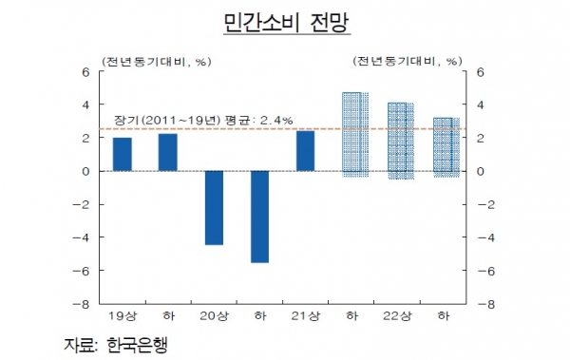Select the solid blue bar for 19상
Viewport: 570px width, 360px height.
[123, 154]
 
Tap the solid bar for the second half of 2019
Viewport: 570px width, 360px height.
[168, 152]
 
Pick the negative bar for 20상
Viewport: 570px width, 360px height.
[214, 207]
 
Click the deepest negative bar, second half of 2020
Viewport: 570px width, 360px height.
[260, 217]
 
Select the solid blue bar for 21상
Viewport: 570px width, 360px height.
[306, 151]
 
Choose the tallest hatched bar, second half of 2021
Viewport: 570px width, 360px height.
[355, 134]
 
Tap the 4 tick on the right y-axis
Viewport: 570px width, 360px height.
[481, 104]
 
